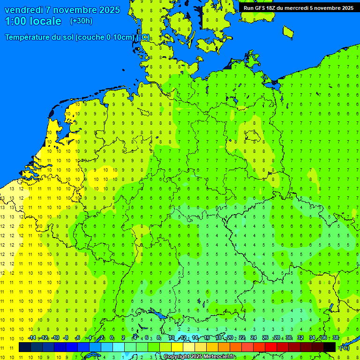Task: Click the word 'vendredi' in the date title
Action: (x=23, y=10)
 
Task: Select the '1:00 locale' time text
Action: (x=33, y=21)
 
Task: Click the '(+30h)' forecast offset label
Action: (x=81, y=21)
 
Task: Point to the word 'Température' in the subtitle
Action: (x=28, y=37)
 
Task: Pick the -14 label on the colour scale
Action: (x=32, y=338)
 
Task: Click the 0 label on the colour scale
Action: (x=112, y=338)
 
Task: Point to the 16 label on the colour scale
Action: (x=207, y=338)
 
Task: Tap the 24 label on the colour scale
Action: (x=254, y=338)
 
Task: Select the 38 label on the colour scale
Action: (x=336, y=338)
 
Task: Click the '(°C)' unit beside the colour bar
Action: (x=344, y=347)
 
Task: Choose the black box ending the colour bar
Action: (x=330, y=347)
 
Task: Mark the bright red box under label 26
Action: (x=271, y=347)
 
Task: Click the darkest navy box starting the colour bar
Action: (x=25, y=347)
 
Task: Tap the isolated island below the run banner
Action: (x=288, y=31)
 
